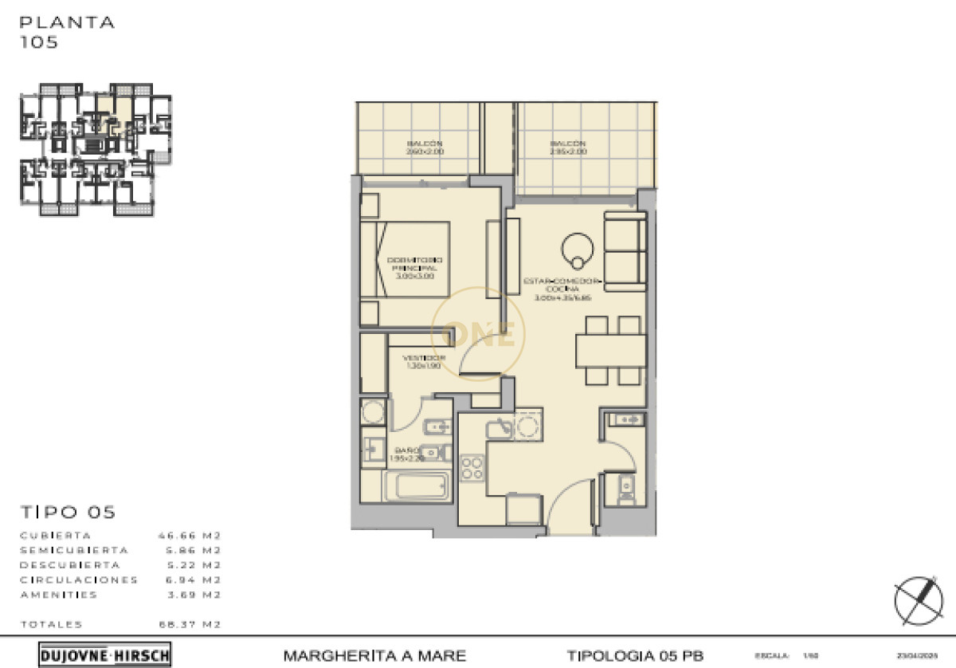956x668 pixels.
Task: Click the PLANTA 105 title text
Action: click(x=67, y=32)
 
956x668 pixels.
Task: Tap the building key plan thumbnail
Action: click(x=96, y=149)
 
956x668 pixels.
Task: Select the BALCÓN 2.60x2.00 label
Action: click(x=424, y=147)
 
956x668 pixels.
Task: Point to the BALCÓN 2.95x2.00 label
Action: click(x=568, y=147)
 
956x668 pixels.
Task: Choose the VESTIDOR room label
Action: click(x=423, y=363)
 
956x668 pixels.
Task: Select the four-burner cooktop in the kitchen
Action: click(x=472, y=467)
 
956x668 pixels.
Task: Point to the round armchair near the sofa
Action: click(x=576, y=250)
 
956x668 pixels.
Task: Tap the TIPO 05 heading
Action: click(x=68, y=512)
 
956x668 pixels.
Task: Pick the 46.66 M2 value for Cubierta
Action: click(x=190, y=536)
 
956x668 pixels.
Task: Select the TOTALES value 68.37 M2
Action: click(x=190, y=624)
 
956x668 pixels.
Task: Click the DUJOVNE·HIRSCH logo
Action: click(x=104, y=655)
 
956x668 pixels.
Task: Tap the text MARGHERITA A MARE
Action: click(x=374, y=656)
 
